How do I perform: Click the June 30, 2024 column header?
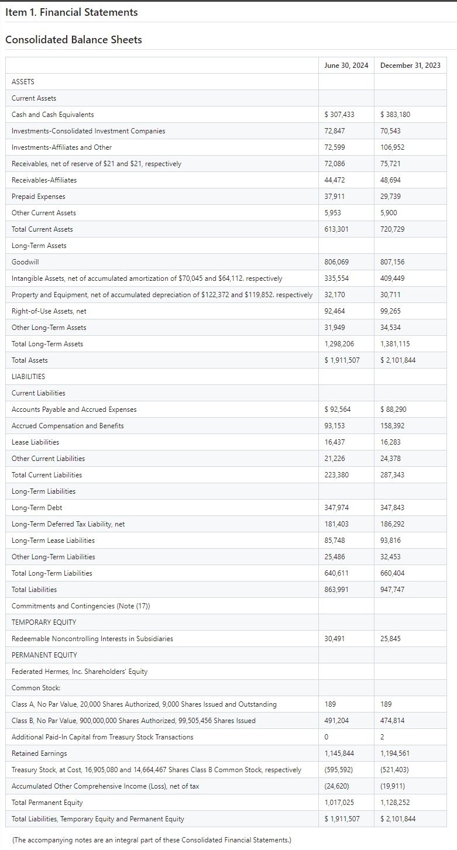pyautogui.click(x=346, y=65)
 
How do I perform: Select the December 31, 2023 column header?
pyautogui.click(x=410, y=65)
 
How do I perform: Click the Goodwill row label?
pyautogui.click(x=25, y=262)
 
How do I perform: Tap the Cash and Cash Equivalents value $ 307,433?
pyautogui.click(x=339, y=115)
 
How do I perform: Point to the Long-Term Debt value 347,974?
pyautogui.click(x=336, y=508)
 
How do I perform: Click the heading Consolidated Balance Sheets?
pyautogui.click(x=73, y=40)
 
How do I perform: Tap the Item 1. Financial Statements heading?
pyautogui.click(x=71, y=12)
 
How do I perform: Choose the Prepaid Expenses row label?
pyautogui.click(x=39, y=197)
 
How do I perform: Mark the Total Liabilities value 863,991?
pyautogui.click(x=336, y=590)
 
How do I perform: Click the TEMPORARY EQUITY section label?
pyautogui.click(x=44, y=622)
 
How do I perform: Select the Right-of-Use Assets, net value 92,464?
pyautogui.click(x=334, y=311)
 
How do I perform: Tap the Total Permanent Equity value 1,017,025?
pyautogui.click(x=339, y=803)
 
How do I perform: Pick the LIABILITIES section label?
pyautogui.click(x=28, y=377)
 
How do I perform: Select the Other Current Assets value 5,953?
pyautogui.click(x=332, y=213)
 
